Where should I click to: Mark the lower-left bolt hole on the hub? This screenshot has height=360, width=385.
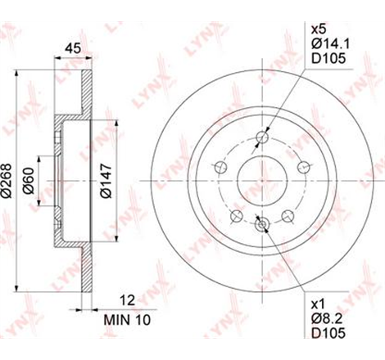(x=236, y=216)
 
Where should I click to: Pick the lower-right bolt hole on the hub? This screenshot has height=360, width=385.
(x=288, y=216)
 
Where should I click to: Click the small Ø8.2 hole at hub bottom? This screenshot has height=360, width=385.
(x=261, y=223)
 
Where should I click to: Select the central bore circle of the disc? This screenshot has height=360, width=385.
(x=261, y=180)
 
